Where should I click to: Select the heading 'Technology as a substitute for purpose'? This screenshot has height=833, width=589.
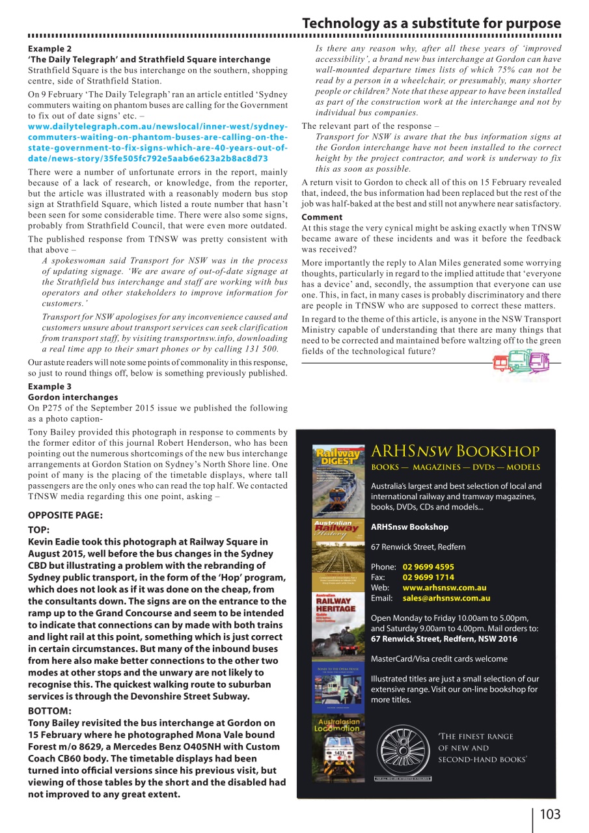[x=431, y=23]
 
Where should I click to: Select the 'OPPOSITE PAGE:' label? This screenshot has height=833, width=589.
[x=64, y=515]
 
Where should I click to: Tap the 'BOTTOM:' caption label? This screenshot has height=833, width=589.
[x=50, y=711]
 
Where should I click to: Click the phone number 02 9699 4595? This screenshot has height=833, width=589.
[x=428, y=567]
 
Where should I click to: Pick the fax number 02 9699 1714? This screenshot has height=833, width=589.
[x=428, y=577]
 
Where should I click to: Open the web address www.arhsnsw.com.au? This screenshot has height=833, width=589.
[x=445, y=588]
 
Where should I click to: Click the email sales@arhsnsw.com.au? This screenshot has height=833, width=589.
[x=446, y=598]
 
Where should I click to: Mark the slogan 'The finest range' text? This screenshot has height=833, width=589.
[x=476, y=736]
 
